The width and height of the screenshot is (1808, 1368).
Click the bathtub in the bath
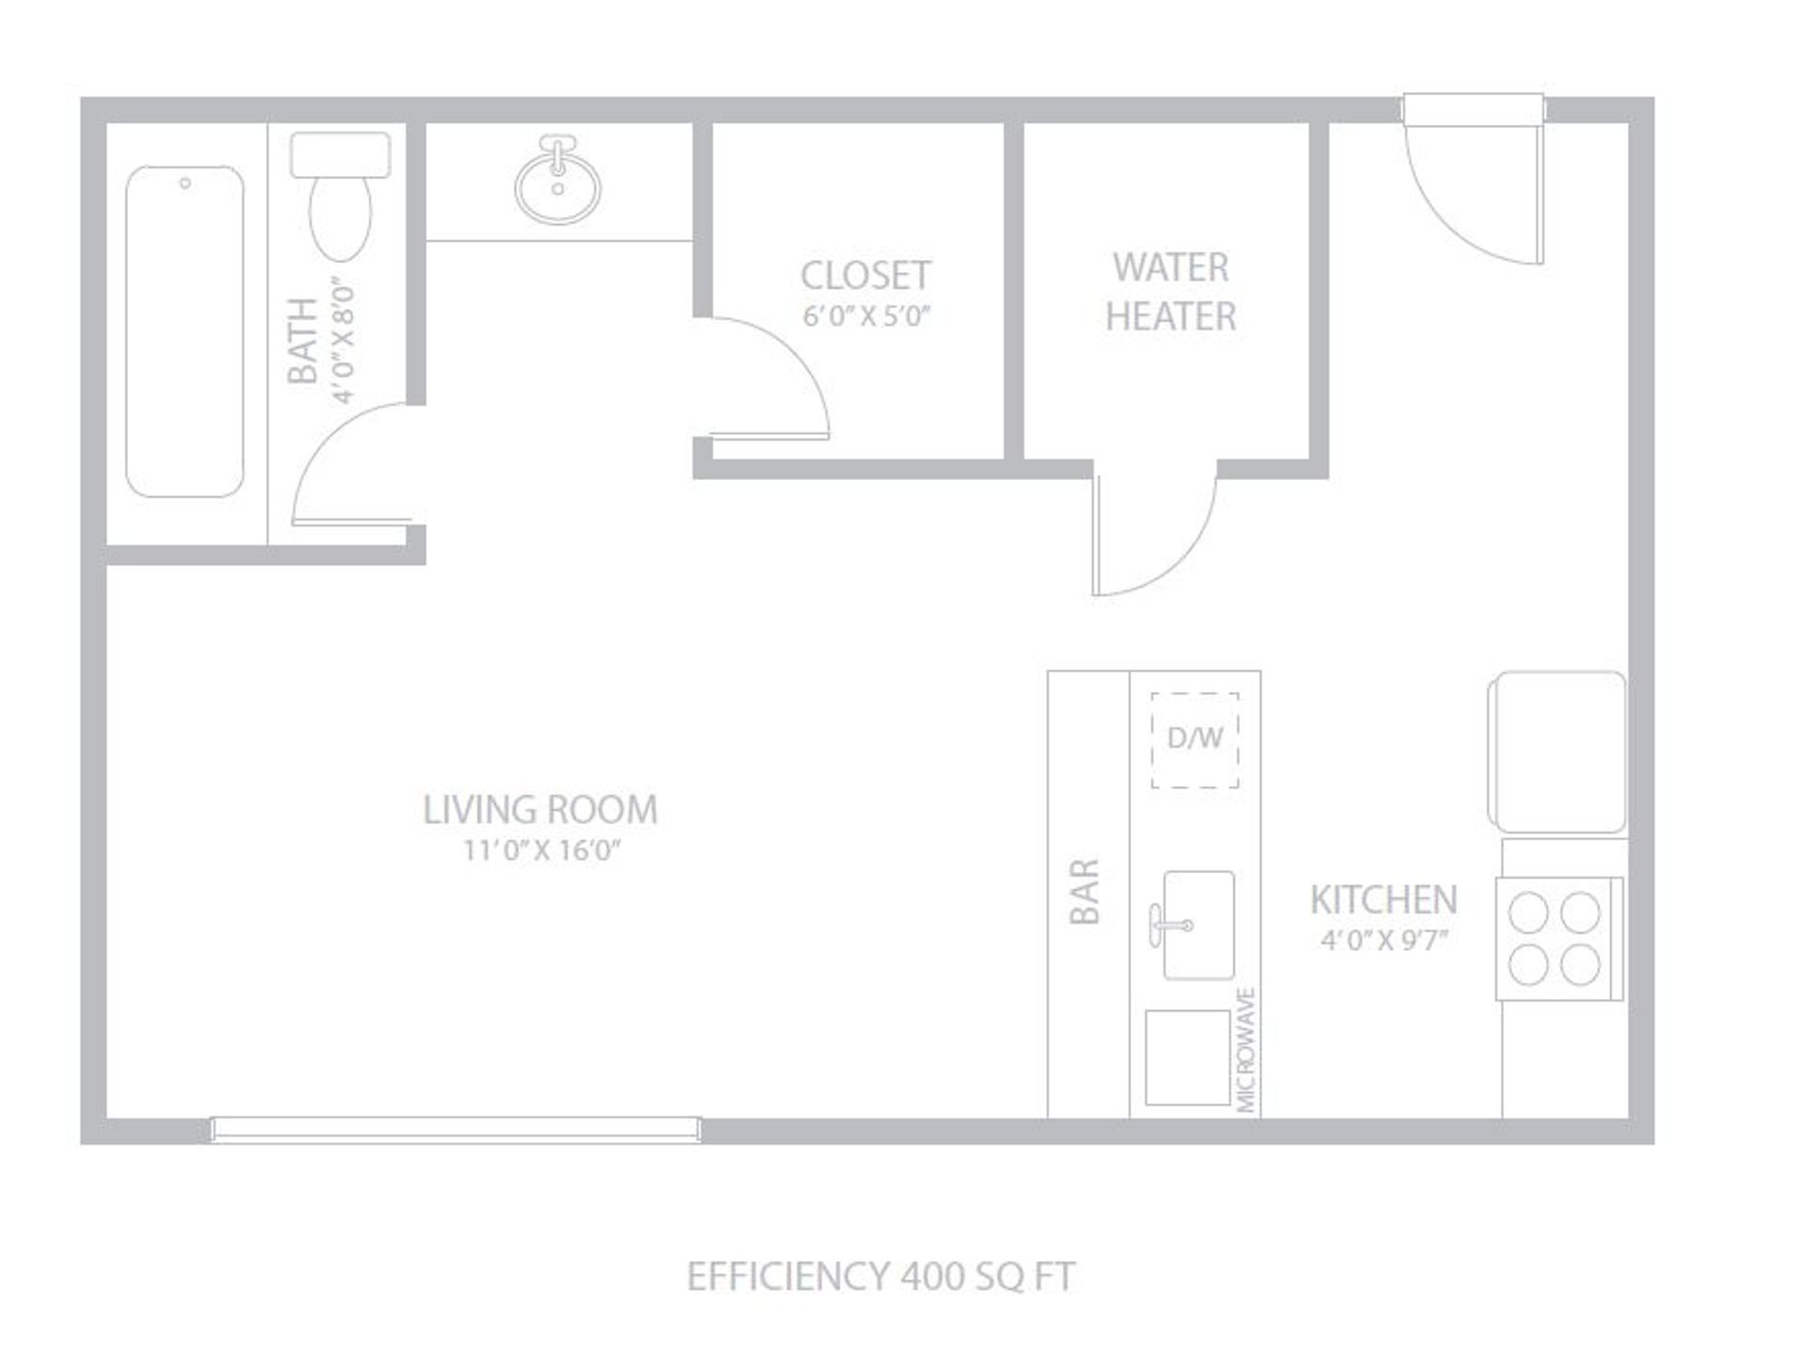[x=185, y=331]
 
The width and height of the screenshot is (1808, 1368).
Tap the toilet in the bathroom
[x=340, y=196]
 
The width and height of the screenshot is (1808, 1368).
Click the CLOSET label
[x=865, y=276]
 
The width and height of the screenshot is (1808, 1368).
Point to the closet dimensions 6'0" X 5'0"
[x=865, y=316]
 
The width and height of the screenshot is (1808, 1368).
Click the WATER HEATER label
[x=1170, y=292]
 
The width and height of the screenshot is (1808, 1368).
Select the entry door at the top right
[x=1474, y=179]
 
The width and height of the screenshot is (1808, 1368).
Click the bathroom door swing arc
[x=325, y=443]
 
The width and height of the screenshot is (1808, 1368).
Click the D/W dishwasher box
[x=1195, y=740]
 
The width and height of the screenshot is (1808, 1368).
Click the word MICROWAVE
[x=1246, y=1050]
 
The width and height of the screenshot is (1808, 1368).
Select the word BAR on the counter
[x=1085, y=891]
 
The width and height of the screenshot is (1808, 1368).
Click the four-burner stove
[x=1559, y=939]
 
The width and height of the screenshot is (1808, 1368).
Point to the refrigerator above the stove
[x=1558, y=752]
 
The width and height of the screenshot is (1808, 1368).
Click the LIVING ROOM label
[x=540, y=810]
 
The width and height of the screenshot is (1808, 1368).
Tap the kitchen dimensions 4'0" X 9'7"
[x=1383, y=941]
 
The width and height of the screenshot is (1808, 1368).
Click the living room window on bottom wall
[x=455, y=1129]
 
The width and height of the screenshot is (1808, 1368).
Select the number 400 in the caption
[x=932, y=1278]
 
